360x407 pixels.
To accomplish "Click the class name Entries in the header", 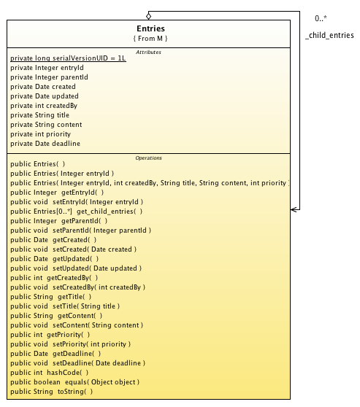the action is coord(150,28).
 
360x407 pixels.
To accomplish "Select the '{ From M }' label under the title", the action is coord(150,39).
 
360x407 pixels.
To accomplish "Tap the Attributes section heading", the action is coord(148,53).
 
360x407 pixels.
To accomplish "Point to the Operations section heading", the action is coord(148,158).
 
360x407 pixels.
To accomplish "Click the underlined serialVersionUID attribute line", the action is coord(68,58).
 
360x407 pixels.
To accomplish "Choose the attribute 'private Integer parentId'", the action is coord(49,77).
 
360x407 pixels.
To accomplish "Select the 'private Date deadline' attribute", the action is coord(45,144).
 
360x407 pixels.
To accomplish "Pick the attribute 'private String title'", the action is coord(39,115).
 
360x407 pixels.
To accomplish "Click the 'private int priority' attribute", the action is coord(41,134).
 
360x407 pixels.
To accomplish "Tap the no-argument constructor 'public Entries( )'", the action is coord(38,164).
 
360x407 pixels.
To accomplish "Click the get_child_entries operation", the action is coord(77,212).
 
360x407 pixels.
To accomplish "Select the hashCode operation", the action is coord(50,373).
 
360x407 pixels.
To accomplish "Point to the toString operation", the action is coord(51,392).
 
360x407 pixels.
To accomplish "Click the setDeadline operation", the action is coord(77,363).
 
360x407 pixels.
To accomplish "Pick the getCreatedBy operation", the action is coord(54,278).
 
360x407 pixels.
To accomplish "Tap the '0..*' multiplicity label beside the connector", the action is coord(321,18).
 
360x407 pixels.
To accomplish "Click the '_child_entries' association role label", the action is coord(329,35).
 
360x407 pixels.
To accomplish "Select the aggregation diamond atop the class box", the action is coord(148,16).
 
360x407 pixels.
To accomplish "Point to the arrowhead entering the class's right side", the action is coord(294,209).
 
